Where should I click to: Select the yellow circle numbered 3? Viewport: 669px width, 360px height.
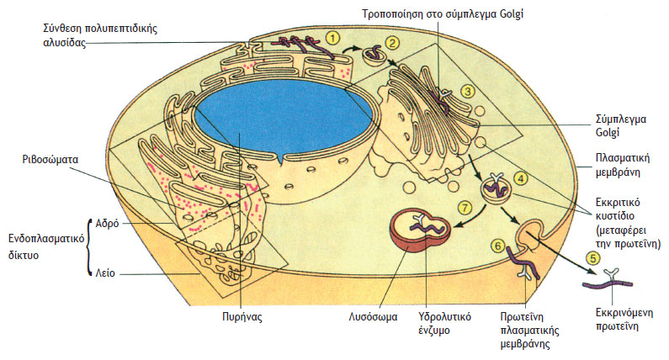point(467,90)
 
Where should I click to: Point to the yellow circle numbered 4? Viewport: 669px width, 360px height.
point(523,178)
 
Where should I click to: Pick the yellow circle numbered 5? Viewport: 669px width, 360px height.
point(593,258)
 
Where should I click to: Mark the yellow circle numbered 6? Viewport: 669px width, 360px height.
point(497,245)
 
